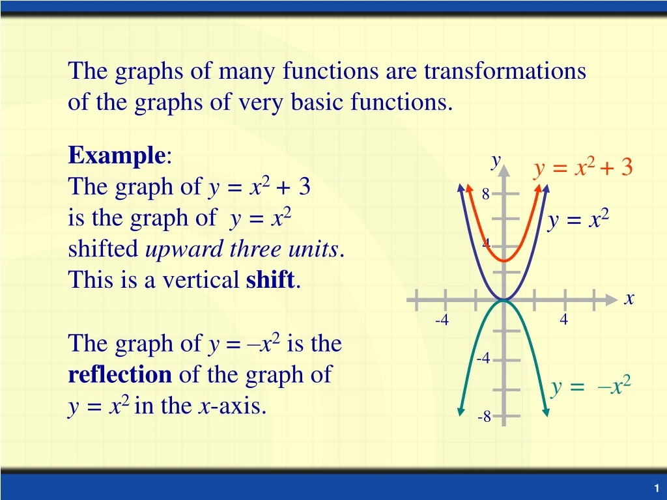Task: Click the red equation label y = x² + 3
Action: coord(583,168)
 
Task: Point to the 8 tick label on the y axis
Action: coord(485,194)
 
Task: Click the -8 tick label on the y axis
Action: coord(483,417)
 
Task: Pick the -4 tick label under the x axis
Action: coord(442,320)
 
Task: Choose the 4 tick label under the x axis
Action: coord(563,320)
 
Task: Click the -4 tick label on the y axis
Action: coord(483,359)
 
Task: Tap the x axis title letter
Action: coord(629,299)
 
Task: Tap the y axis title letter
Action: coord(496,160)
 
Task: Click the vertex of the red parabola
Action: coord(504,260)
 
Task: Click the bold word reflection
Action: coord(120,375)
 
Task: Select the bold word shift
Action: coord(270,281)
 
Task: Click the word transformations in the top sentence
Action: coord(505,71)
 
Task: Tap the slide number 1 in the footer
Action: coord(657,488)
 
